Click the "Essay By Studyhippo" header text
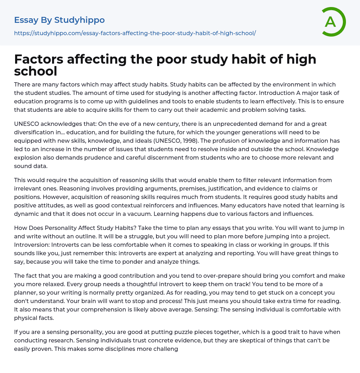(x=59, y=20)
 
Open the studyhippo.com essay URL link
(x=135, y=33)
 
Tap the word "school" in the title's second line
(x=36, y=71)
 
